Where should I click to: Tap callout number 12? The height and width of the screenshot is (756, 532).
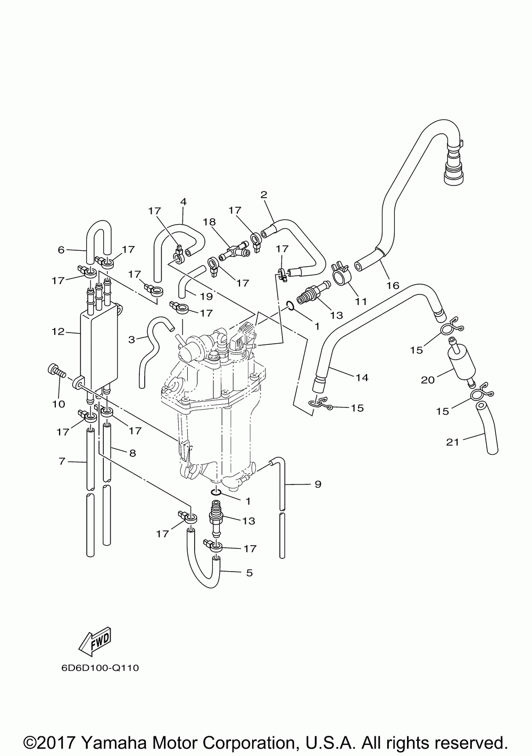58,332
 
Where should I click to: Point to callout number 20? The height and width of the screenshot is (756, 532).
427,380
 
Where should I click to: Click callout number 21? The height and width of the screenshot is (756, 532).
452,442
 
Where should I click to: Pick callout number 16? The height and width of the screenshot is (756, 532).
393,285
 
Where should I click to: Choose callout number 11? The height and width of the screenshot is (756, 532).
361,301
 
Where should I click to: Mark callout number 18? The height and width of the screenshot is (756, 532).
209,222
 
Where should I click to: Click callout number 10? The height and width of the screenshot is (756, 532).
59,404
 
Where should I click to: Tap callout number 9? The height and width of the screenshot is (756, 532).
318,485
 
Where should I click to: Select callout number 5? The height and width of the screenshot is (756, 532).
250,573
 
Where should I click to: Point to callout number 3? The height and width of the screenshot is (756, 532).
131,339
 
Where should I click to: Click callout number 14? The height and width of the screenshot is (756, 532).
362,377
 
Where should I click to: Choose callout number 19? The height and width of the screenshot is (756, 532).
206,296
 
